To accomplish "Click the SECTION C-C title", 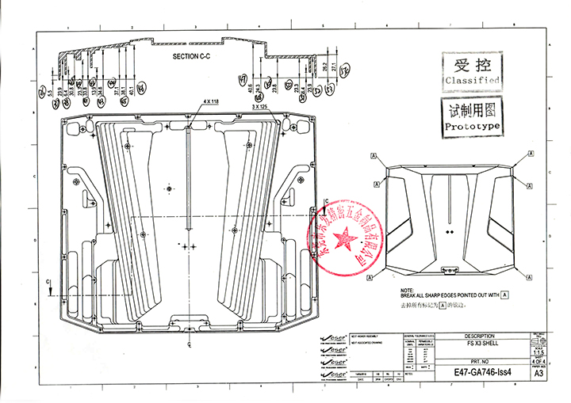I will point(194,58).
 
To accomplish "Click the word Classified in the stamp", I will point(472,81).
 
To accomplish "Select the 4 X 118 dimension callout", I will point(211,102).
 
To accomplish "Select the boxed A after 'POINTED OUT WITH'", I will point(504,295).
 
